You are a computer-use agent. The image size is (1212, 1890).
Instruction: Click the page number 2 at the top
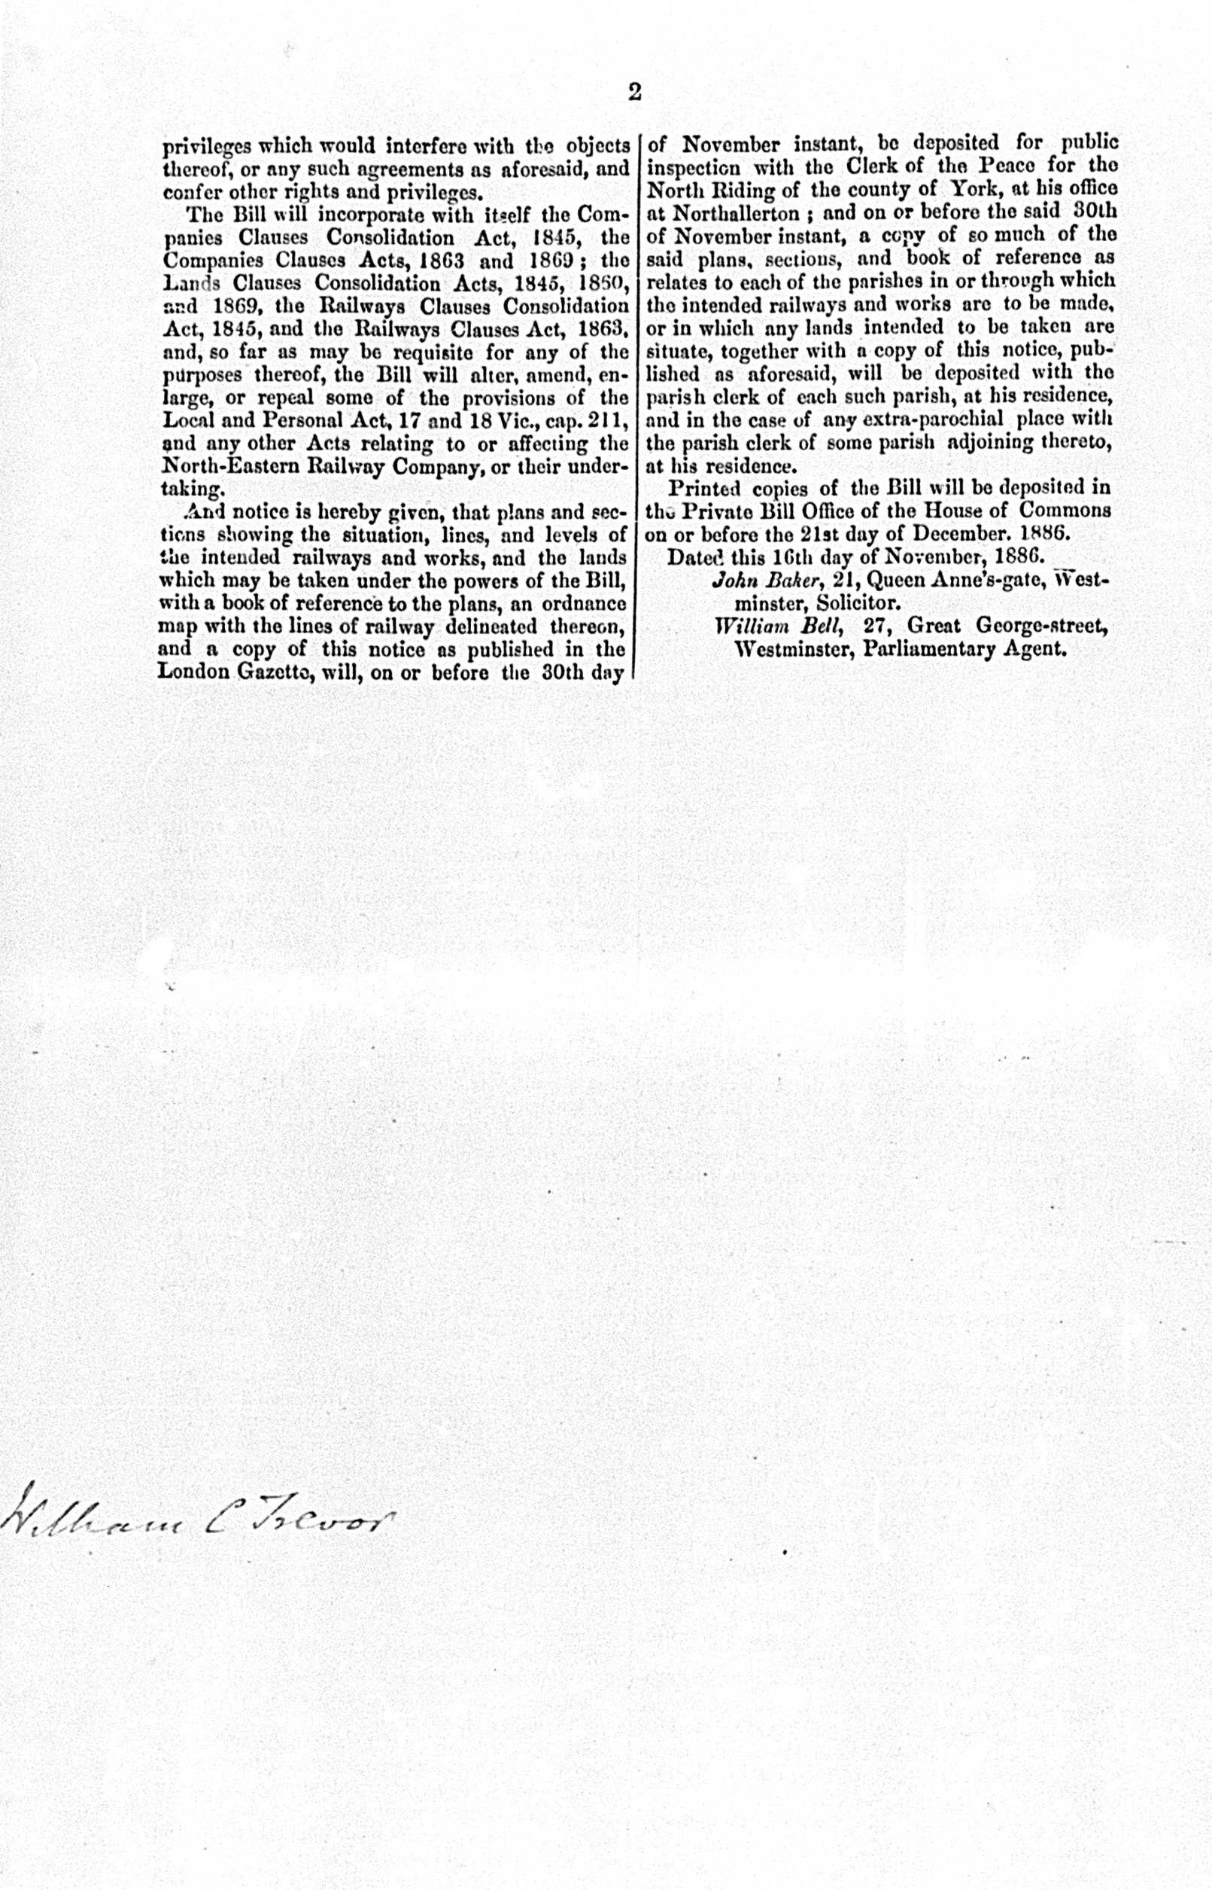634,93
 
